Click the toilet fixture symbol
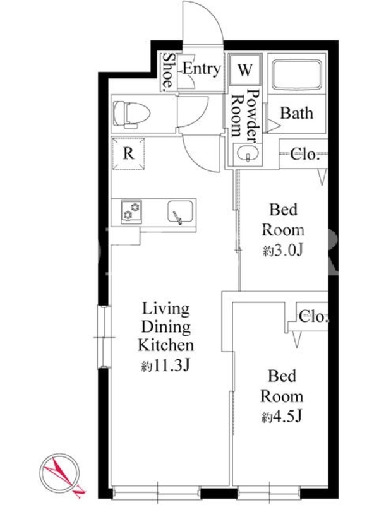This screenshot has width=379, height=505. coord(132,114)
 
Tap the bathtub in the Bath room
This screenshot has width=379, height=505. coord(296,75)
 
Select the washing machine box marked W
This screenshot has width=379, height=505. coord(245,69)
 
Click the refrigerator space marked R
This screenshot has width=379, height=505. coord(128,153)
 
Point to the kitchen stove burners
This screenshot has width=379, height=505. coord(131,211)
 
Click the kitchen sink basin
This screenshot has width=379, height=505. coord(181,211)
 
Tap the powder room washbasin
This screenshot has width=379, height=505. coord(248,153)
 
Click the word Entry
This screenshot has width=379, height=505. coord(202,69)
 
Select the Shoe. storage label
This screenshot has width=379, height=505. coord(168,71)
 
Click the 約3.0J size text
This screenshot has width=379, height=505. coord(283,251)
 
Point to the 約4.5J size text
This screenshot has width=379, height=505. coord(282,417)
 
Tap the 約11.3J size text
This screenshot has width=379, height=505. coord(165,365)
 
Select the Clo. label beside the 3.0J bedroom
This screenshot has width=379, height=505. coord(304,155)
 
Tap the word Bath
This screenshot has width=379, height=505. coord(296,114)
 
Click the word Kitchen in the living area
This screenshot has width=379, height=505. coord(166,345)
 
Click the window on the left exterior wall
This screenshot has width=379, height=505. coord(104,337)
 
